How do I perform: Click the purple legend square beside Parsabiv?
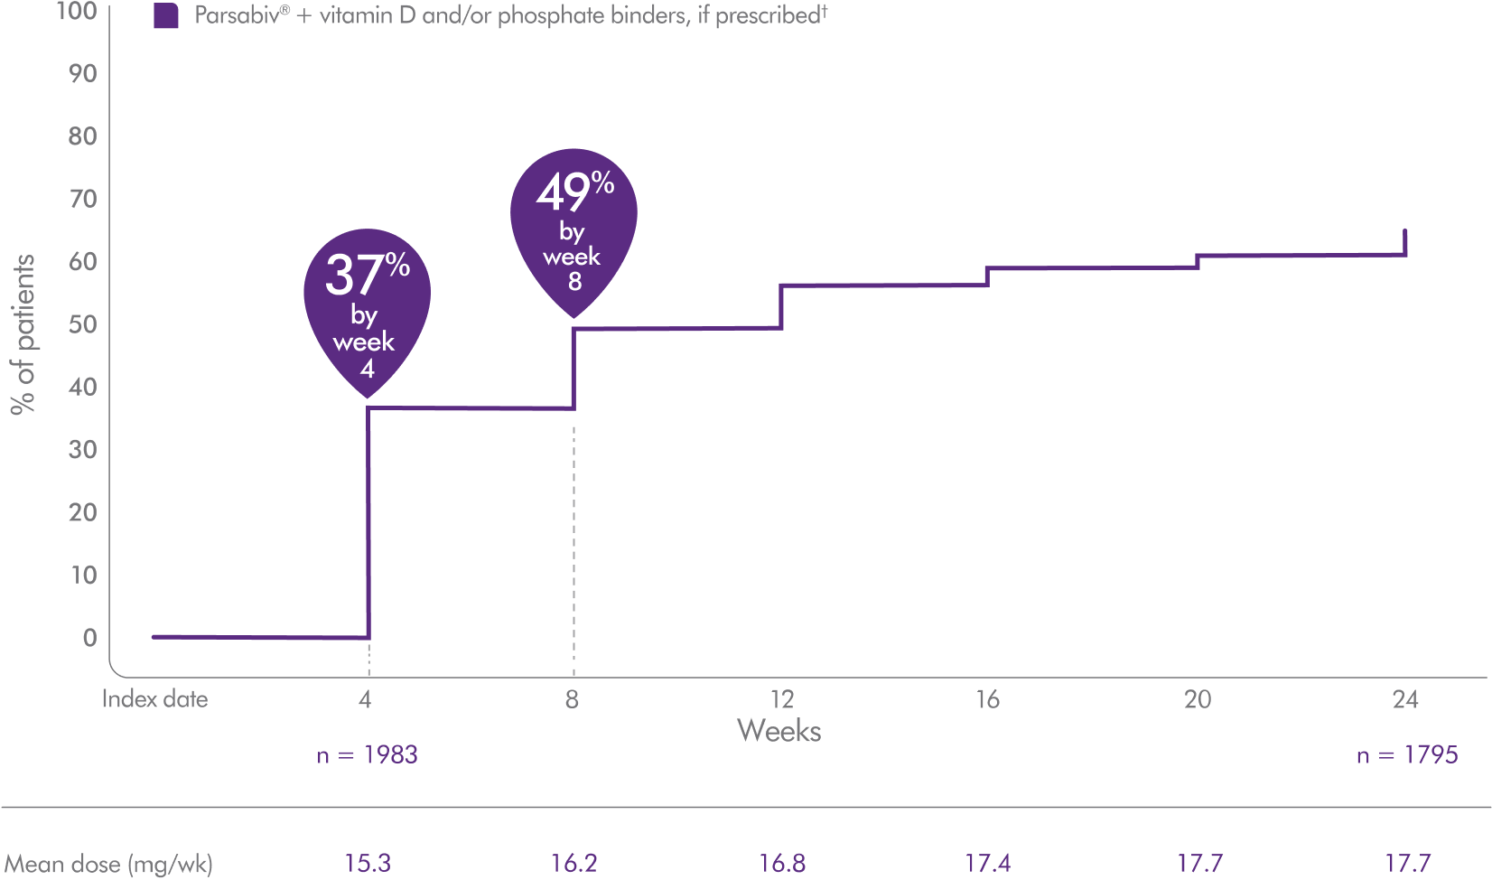pyautogui.click(x=166, y=16)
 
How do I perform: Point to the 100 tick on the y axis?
pyautogui.click(x=77, y=12)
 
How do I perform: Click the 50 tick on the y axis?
pyautogui.click(x=82, y=323)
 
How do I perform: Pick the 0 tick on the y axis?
pyautogui.click(x=89, y=638)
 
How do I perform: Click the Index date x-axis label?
pyautogui.click(x=154, y=699)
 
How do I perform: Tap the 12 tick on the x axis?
pyautogui.click(x=781, y=699)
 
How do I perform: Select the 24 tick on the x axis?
pyautogui.click(x=1405, y=699)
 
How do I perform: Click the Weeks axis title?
pyautogui.click(x=779, y=730)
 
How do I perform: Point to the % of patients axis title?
pyautogui.click(x=23, y=334)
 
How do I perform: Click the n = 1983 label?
pyautogui.click(x=367, y=755)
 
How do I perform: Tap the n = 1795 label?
pyautogui.click(x=1406, y=755)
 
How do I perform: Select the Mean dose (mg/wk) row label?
pyautogui.click(x=107, y=865)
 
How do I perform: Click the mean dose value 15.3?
pyautogui.click(x=368, y=864)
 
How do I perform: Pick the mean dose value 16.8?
pyautogui.click(x=782, y=864)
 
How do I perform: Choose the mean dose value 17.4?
pyautogui.click(x=988, y=864)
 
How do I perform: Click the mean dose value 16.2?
pyautogui.click(x=573, y=864)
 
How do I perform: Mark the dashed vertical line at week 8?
pyautogui.click(x=573, y=542)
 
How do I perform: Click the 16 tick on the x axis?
pyautogui.click(x=987, y=699)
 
